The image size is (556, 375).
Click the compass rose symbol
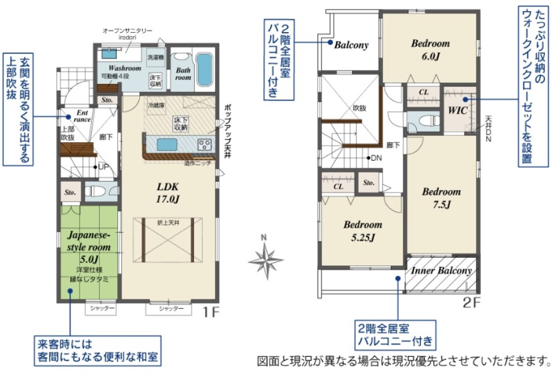pos(266,259)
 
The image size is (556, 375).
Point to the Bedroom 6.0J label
pos(430,48)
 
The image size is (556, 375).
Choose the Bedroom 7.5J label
pos(441,198)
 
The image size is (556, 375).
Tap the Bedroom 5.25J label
pos(362,231)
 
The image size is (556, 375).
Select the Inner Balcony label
pos(441,271)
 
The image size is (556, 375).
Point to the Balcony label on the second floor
pos(351,46)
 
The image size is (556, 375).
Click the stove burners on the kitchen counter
pos(204,145)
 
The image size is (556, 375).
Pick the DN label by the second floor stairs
pos(376,158)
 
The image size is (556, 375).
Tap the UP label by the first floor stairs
pos(102,166)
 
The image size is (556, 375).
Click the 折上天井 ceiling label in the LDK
pos(168,222)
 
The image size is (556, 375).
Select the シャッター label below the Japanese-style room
pos(101,308)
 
